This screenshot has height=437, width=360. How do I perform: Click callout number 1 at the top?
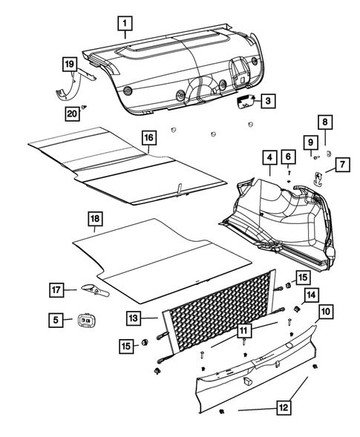[x=125, y=23]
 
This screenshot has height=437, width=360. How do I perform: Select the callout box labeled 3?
[x=268, y=100]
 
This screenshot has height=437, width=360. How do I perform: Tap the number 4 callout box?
[x=267, y=157]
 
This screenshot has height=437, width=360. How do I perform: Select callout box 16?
[x=148, y=137]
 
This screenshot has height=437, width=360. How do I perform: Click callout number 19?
[x=68, y=66]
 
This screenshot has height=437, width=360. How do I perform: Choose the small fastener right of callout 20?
[x=88, y=108]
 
